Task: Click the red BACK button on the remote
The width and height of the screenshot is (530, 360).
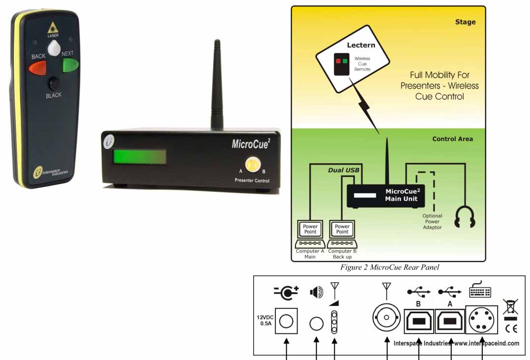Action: point(38,67)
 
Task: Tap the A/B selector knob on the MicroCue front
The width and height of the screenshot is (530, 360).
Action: point(251,165)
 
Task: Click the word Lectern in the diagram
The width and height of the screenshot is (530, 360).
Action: point(361,45)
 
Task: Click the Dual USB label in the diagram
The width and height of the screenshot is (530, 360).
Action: point(344,171)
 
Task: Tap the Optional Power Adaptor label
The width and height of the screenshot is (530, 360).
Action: point(432,221)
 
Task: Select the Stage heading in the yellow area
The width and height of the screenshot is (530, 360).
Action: point(465,22)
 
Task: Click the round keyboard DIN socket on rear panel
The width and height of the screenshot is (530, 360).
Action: point(481,320)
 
